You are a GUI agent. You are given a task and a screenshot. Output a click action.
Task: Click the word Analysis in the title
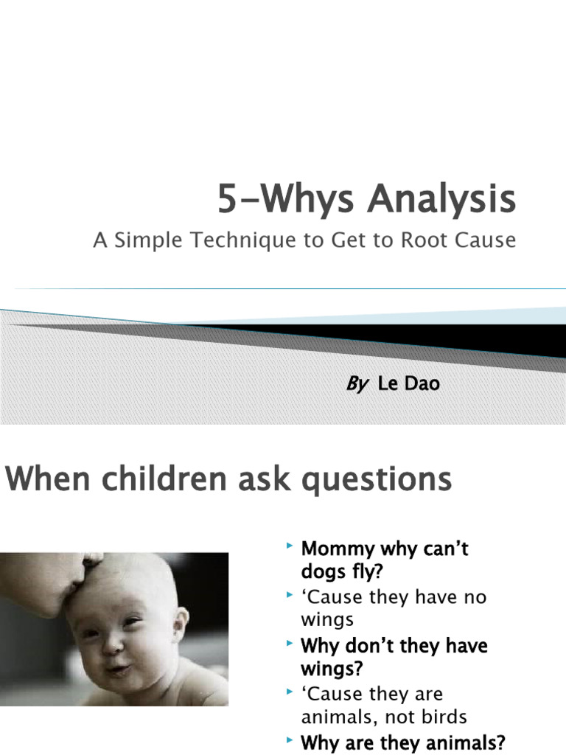(x=442, y=200)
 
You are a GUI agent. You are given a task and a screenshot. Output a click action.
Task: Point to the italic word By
(x=357, y=383)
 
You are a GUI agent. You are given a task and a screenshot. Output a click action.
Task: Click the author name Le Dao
(x=408, y=383)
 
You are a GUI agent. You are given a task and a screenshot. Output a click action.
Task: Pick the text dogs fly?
(x=342, y=572)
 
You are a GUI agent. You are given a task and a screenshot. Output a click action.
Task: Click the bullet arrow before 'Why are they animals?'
(x=290, y=739)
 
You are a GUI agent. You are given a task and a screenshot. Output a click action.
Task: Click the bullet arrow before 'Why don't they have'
(x=290, y=644)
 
